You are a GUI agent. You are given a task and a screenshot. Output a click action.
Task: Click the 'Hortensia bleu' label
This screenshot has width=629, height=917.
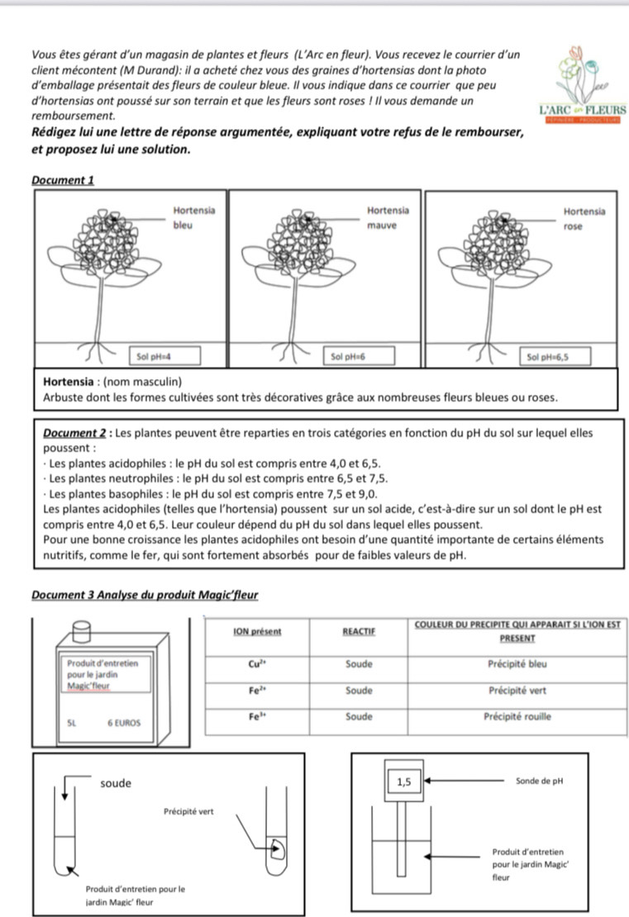click(x=193, y=218)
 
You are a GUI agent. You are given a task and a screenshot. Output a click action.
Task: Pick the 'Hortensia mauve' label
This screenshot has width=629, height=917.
click(x=382, y=218)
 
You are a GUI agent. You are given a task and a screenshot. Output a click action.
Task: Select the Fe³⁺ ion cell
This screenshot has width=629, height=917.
click(x=256, y=717)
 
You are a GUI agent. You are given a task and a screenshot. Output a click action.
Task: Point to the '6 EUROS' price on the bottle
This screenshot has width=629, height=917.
click(x=124, y=723)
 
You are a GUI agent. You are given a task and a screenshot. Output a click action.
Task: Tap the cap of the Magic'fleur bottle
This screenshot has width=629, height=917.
click(x=80, y=632)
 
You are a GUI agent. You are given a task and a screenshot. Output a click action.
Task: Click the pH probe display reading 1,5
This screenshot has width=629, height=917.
click(x=404, y=780)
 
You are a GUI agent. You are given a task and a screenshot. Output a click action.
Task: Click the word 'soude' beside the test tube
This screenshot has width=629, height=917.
click(x=116, y=783)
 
